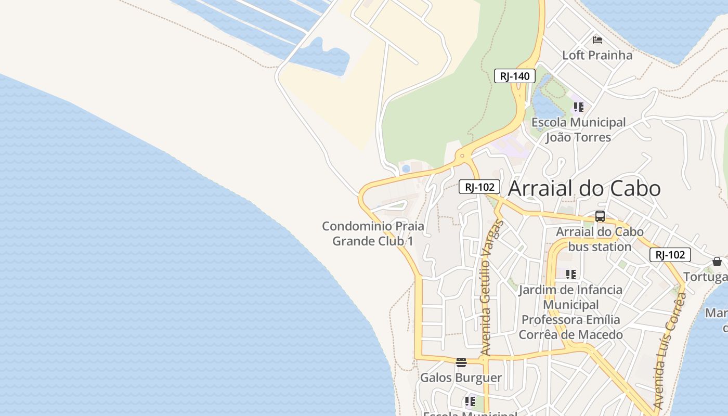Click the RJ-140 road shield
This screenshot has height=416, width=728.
click(x=515, y=76)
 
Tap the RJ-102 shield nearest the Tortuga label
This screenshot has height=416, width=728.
click(x=670, y=255)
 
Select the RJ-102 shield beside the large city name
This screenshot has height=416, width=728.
click(x=479, y=187)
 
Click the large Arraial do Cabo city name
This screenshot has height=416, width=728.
click(x=584, y=188)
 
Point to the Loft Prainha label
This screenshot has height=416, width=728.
click(x=597, y=55)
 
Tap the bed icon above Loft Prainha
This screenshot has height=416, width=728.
click(x=597, y=40)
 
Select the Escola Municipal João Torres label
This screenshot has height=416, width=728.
click(x=578, y=130)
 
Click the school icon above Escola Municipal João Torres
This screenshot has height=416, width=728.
click(x=578, y=108)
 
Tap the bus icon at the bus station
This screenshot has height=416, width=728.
click(x=600, y=216)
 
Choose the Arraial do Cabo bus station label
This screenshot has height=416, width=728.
click(x=600, y=239)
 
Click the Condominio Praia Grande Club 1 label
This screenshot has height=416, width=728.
click(x=373, y=234)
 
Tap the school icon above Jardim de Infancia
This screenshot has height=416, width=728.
click(x=571, y=274)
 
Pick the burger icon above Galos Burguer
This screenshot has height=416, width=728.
click(x=461, y=362)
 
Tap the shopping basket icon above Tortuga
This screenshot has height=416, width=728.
click(x=717, y=262)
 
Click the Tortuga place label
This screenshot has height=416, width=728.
click(x=706, y=277)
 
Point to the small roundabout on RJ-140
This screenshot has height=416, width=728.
click(x=462, y=155)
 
